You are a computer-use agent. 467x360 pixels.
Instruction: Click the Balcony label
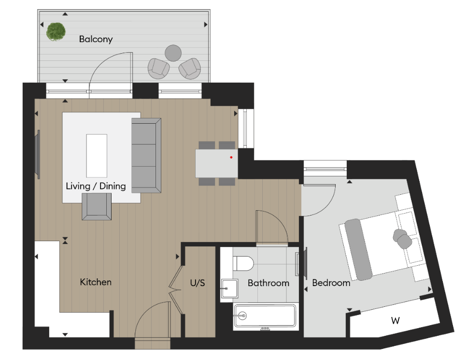click(x=96, y=39)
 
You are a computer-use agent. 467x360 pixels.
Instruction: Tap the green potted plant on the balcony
click(x=56, y=31)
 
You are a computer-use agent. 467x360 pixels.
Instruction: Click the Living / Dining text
click(x=96, y=186)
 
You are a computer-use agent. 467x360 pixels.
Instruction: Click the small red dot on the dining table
click(x=231, y=157)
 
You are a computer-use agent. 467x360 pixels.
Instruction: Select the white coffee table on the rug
click(x=96, y=155)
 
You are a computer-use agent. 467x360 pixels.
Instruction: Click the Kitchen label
click(x=96, y=282)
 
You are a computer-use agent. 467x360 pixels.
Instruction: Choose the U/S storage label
click(x=197, y=283)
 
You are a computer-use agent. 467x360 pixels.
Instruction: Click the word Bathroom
click(x=268, y=283)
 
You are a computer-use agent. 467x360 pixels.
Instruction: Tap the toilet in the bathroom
click(x=243, y=264)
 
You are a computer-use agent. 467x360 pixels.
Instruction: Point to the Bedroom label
click(x=331, y=283)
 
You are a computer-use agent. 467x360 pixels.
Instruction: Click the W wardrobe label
click(x=395, y=320)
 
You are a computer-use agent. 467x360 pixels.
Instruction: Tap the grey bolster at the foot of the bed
click(x=358, y=249)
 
